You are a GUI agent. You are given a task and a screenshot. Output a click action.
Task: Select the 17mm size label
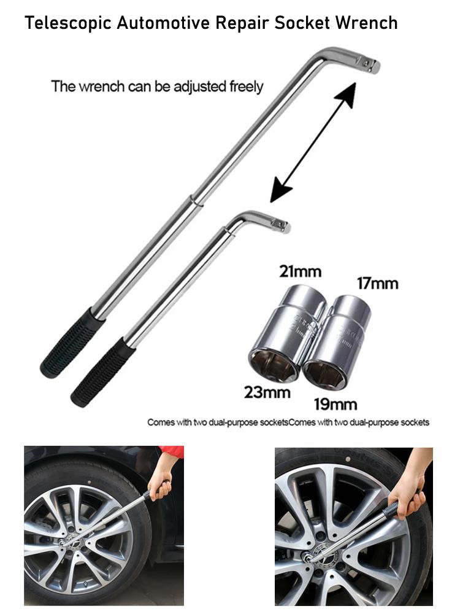377,283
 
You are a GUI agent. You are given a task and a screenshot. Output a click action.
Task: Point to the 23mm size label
267,391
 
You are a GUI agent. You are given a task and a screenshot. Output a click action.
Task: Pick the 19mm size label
335,404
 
